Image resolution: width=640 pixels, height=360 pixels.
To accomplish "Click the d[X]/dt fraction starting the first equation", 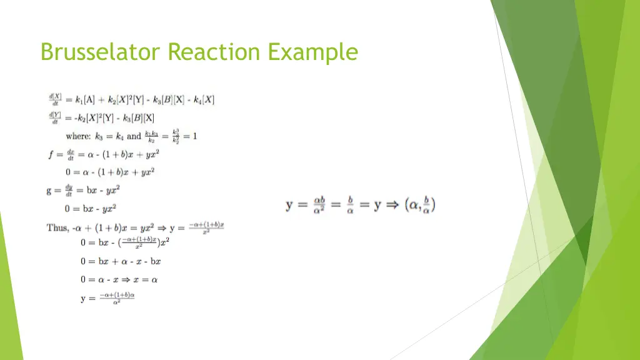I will [x=55, y=99].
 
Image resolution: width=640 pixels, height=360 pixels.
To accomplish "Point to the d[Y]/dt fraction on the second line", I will [x=55, y=117].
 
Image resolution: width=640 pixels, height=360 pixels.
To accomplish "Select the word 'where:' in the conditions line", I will [x=78, y=136].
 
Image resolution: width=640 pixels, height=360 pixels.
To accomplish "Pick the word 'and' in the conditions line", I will [x=134, y=136].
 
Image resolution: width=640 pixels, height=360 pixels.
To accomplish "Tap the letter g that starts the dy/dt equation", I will [x=49, y=191].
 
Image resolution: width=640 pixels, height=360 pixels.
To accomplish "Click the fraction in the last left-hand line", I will [x=117, y=298].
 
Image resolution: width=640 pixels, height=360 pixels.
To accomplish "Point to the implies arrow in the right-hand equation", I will [x=393, y=205].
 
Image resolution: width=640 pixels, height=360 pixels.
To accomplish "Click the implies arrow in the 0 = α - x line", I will [x=125, y=279].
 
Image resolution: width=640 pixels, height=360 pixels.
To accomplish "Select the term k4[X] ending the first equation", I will [x=204, y=99].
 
